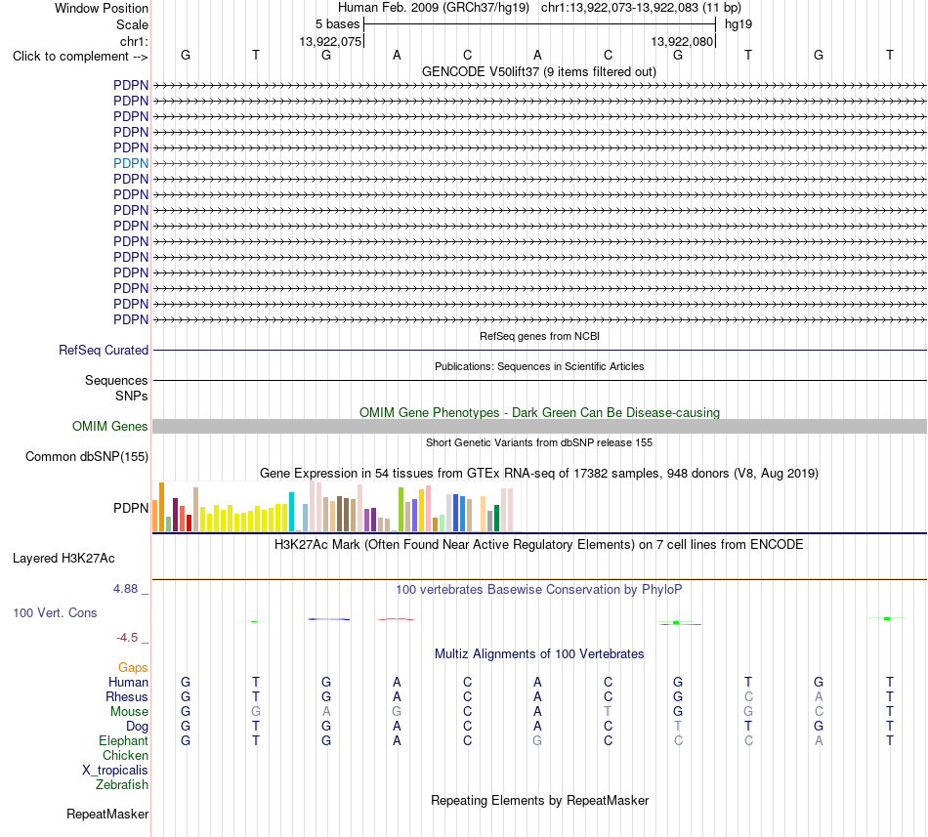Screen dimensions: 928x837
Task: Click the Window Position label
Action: [102, 8]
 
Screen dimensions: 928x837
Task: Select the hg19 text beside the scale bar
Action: [738, 24]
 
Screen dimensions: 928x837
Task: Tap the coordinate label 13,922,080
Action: [682, 41]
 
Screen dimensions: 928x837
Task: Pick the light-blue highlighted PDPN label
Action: [131, 163]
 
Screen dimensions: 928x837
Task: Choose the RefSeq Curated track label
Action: [104, 351]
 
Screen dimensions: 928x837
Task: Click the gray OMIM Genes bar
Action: [539, 426]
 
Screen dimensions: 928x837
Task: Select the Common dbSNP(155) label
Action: [87, 457]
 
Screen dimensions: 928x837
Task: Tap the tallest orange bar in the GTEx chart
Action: [161, 507]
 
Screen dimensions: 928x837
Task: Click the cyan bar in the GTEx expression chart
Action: [291, 512]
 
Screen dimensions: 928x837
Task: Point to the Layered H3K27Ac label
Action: [63, 559]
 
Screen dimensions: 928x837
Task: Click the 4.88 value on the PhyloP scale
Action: [125, 589]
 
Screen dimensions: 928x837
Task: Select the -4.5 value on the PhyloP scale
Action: [127, 638]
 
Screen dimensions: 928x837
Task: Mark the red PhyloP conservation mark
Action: [396, 619]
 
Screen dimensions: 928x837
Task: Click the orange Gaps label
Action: [133, 668]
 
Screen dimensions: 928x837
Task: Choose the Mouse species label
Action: [129, 712]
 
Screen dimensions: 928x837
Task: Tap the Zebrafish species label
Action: [122, 785]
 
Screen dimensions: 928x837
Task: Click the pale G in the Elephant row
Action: [537, 740]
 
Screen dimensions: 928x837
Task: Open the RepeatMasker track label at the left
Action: [107, 815]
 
